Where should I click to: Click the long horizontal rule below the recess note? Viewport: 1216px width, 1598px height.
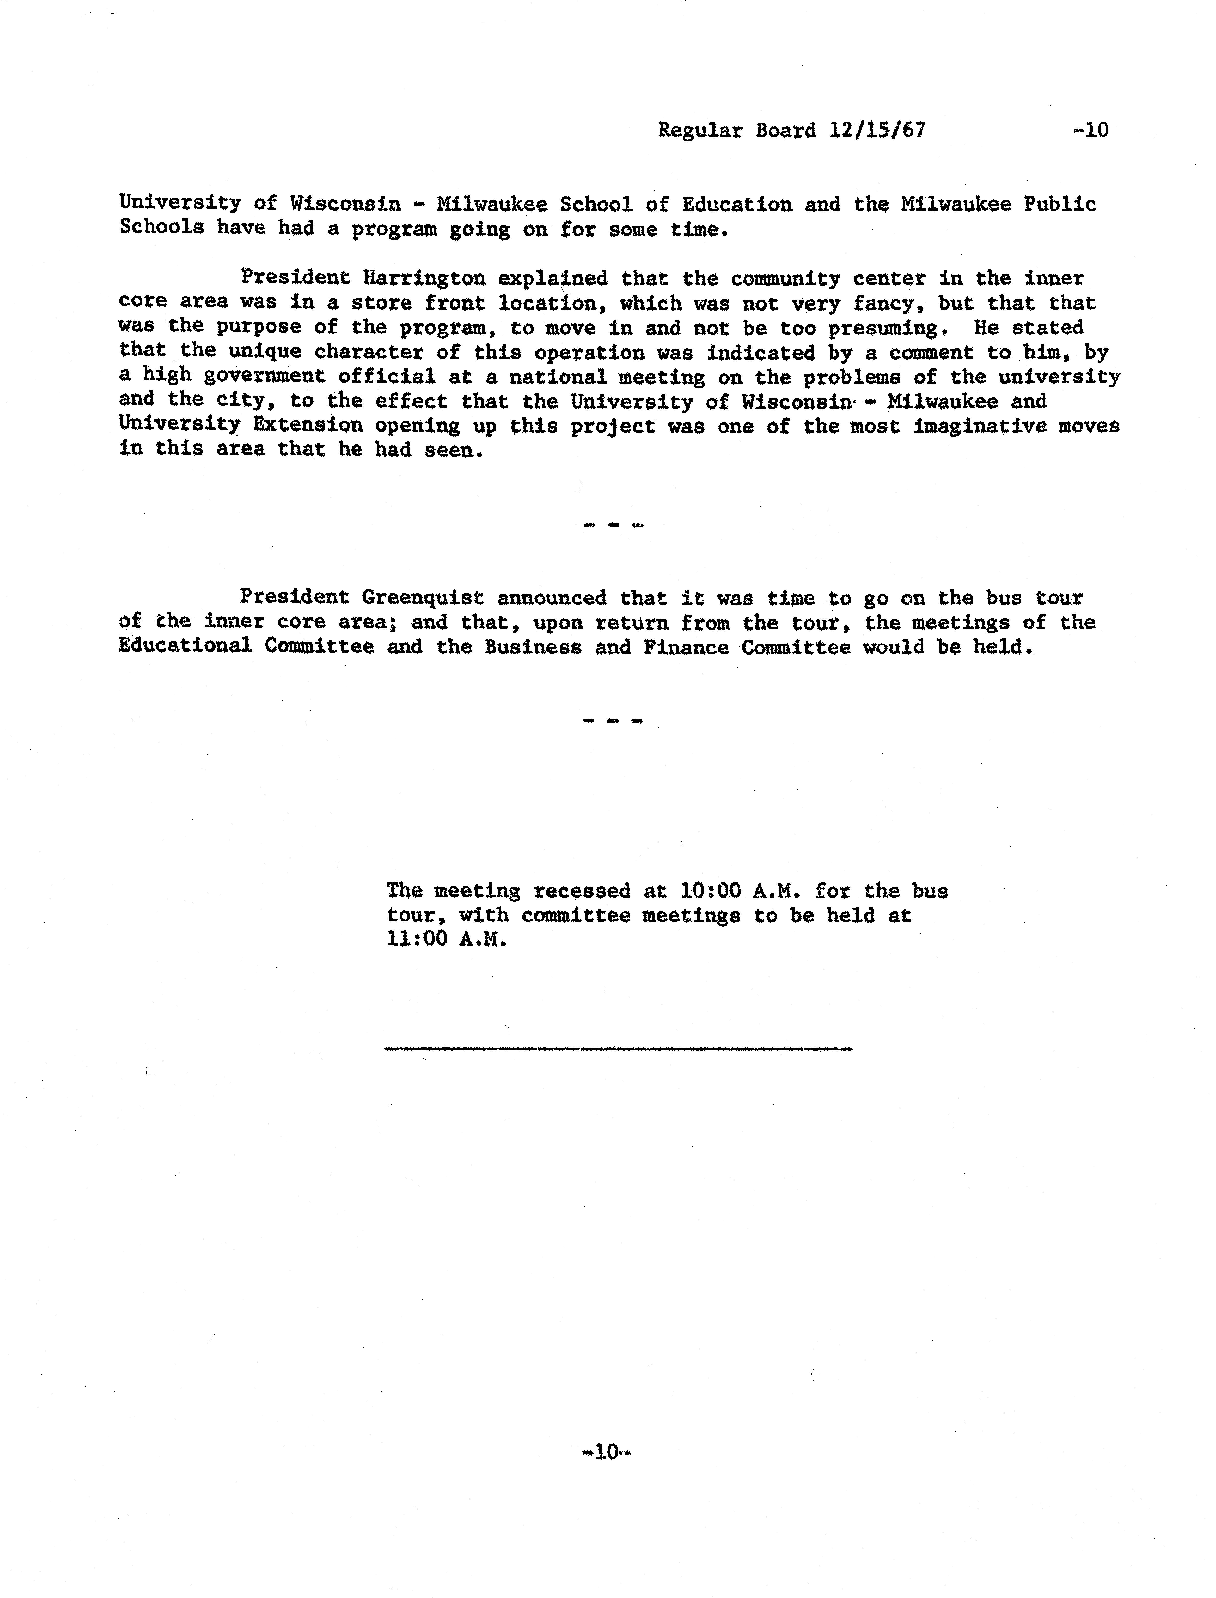coord(619,1048)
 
